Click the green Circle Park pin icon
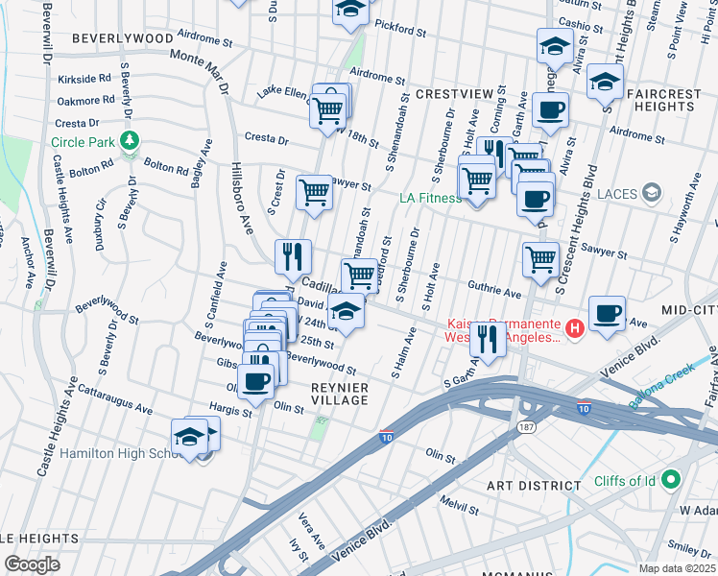130,142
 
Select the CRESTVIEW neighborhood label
454,94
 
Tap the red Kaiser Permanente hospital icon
575,329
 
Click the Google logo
32,564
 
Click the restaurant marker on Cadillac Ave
293,257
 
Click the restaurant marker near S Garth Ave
491,339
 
